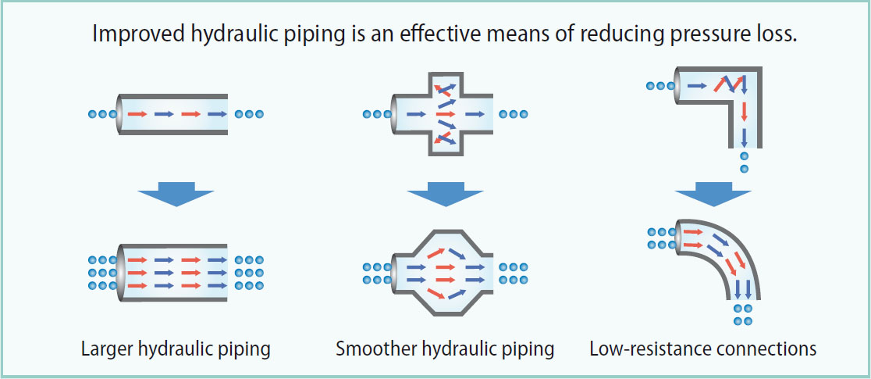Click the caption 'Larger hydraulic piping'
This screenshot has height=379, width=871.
pos(176,349)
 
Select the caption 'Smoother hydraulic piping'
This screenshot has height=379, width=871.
pos(445,349)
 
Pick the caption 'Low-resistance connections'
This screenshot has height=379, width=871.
pos(703,349)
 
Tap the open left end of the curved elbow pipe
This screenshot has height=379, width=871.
pos(677,238)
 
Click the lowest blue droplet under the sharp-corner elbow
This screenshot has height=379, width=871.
pos(744,169)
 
